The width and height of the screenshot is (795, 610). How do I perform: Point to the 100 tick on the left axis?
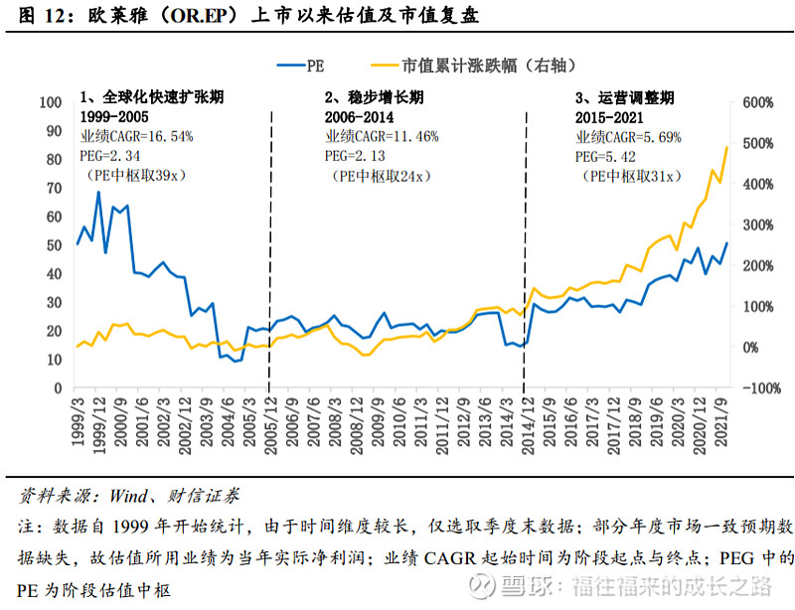pyautogui.click(x=49, y=103)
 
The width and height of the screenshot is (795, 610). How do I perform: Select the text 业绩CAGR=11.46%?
pyautogui.click(x=381, y=137)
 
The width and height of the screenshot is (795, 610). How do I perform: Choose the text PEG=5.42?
pyautogui.click(x=607, y=156)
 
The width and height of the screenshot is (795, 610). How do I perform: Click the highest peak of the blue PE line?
pyautogui.click(x=98, y=192)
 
